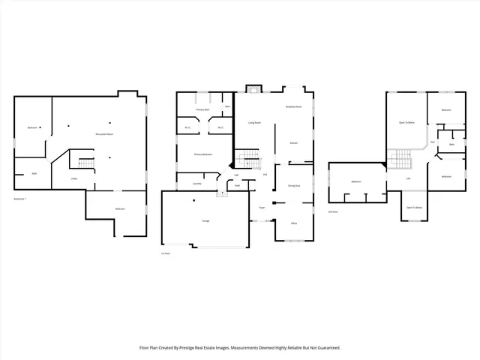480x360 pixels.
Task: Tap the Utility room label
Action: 73,178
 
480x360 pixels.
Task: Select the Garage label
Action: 205,221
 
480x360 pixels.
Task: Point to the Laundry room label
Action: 196,183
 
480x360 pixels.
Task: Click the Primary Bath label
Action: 202,109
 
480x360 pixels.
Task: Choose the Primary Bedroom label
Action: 203,154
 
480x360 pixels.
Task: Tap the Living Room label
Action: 254,122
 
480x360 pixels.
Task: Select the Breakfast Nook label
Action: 293,107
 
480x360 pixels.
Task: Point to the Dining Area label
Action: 294,184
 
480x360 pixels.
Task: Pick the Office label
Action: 294,223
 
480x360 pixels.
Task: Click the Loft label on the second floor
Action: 408,178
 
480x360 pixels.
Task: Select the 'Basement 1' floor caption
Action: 19,199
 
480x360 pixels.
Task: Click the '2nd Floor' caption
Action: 333,211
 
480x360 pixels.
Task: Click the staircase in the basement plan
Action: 85,163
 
